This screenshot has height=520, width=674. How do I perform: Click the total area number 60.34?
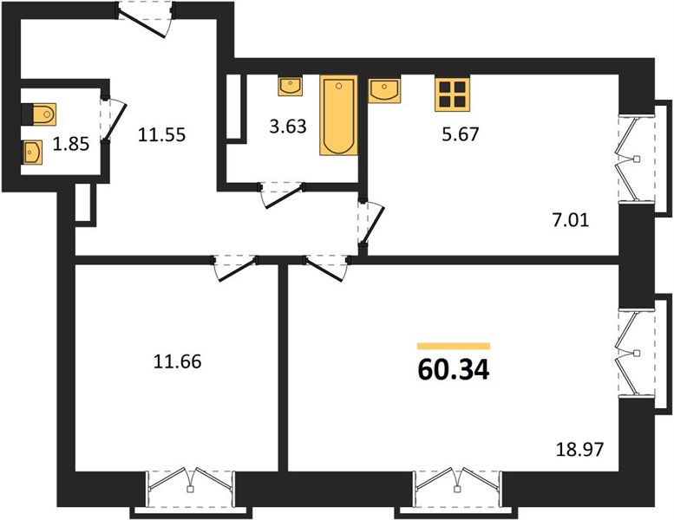pyautogui.click(x=454, y=370)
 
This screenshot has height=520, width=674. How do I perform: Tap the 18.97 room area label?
pyautogui.click(x=579, y=450)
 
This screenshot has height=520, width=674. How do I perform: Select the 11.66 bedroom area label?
pyautogui.click(x=177, y=361)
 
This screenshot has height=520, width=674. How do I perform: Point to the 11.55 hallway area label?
pyautogui.click(x=161, y=135)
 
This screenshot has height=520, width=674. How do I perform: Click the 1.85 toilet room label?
pyautogui.click(x=71, y=144)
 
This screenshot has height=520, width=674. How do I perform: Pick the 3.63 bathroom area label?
pyautogui.click(x=288, y=127)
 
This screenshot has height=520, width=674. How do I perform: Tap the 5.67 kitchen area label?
pyautogui.click(x=460, y=134)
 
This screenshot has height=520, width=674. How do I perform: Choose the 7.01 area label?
pyautogui.click(x=571, y=221)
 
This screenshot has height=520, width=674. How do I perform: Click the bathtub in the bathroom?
pyautogui.click(x=338, y=115)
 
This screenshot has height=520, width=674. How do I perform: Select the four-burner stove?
pyautogui.click(x=452, y=94)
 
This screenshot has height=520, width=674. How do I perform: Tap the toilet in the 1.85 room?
pyautogui.click(x=39, y=114)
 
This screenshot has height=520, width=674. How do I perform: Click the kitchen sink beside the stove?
pyautogui.click(x=384, y=89)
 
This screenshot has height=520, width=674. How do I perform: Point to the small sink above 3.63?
pyautogui.click(x=290, y=86)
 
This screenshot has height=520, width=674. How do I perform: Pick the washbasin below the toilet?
pyautogui.click(x=32, y=153)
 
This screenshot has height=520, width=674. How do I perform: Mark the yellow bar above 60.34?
pyautogui.click(x=454, y=346)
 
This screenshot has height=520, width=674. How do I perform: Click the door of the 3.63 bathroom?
pyautogui.click(x=282, y=195)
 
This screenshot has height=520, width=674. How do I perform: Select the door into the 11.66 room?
pyautogui.click(x=234, y=269)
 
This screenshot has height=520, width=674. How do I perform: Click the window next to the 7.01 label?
pyautogui.click(x=636, y=159)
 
